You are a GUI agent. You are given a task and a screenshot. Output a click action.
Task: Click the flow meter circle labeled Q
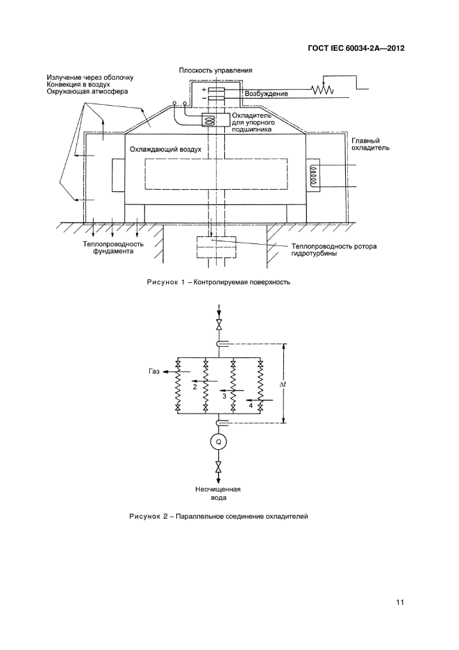[219, 441]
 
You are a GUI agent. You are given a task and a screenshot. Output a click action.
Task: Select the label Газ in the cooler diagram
[153, 372]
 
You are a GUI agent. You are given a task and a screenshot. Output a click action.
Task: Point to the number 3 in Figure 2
[224, 396]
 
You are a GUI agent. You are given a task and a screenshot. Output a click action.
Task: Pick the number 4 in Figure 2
[251, 405]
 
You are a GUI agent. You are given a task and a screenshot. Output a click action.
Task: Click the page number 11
[399, 602]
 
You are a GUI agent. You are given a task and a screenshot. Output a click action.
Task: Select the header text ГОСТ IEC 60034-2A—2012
[356, 49]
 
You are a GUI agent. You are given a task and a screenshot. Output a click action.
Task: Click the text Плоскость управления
[215, 70]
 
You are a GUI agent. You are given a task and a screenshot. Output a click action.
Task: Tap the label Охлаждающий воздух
[165, 149]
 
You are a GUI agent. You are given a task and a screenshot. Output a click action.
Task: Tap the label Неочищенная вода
[219, 493]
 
